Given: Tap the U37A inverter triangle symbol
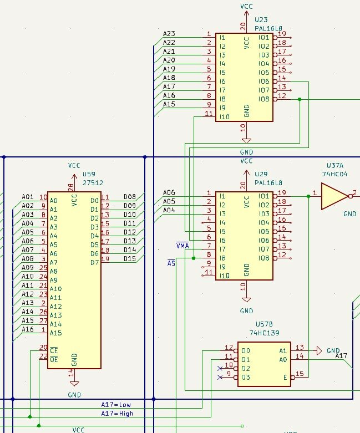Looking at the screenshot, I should pos(333,196).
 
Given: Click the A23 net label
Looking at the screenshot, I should pos(169,34).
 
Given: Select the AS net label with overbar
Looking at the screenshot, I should pos(171,263).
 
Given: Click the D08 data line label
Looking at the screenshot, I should pos(130,197).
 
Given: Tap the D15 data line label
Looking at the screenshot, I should pos(130,259).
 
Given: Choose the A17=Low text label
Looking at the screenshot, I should pos(116,404).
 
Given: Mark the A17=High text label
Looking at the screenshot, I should pos(117,413).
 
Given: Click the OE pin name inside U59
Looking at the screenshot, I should pos(53,359).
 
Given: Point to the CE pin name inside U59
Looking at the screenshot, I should pos(53,350).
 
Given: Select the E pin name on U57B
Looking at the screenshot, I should pos(285,377).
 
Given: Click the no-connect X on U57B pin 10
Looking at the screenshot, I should pos(220,368).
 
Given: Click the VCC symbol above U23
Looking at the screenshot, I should pos(246,6).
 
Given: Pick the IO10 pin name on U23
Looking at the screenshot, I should pos(225,116).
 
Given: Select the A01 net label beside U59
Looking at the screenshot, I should pos(28,197).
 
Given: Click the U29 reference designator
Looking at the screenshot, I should pos(261,175).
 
